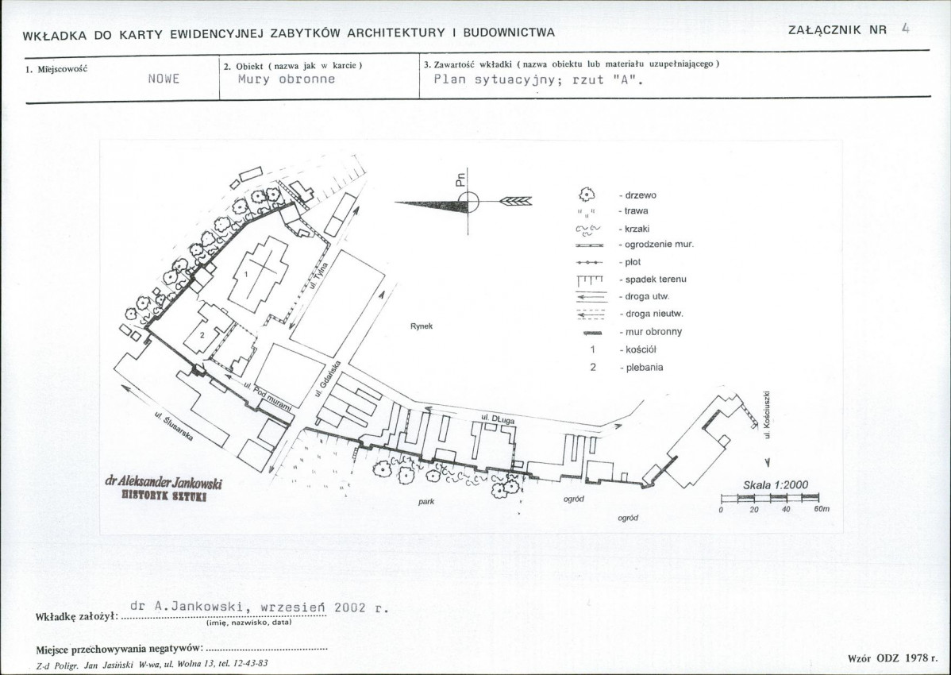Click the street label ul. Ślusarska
(174, 427)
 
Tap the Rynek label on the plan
(422, 326)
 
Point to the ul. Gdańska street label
(328, 379)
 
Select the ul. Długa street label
(498, 418)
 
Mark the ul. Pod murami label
(268, 396)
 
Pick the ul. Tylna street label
(319, 276)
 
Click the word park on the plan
(426, 502)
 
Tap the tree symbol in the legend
(587, 195)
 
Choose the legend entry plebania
(644, 368)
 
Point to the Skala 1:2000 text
(776, 485)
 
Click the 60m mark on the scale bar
(821, 510)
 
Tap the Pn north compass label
(460, 179)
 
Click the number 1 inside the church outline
(246, 274)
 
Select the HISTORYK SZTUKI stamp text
(164, 496)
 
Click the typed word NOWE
(164, 79)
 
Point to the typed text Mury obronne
(287, 79)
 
